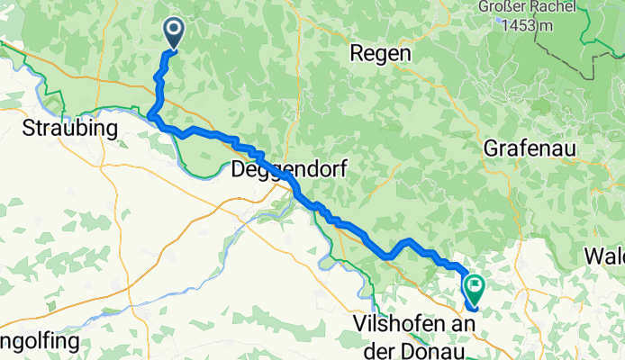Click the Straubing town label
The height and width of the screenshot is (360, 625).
click(70, 128)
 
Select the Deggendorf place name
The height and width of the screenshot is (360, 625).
click(288, 167)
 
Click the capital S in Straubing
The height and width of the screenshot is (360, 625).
click(29, 128)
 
